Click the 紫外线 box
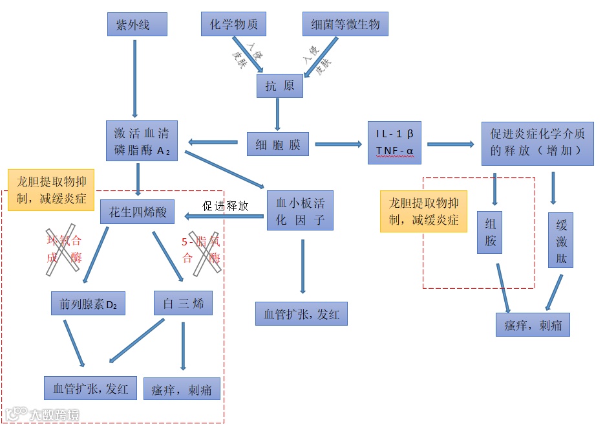pos(137,25)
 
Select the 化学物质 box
pos(233,25)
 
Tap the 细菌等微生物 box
pos(345,25)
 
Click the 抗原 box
pos(279,85)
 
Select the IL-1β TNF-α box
pos(394,143)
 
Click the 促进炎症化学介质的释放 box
pos(537,142)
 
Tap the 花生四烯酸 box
pos(137,212)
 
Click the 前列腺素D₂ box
pos(88,303)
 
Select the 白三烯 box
pos(184,302)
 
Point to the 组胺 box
pos(490,232)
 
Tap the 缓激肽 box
pos(561,241)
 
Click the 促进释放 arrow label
pos(225,206)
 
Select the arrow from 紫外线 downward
pos(134,78)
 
